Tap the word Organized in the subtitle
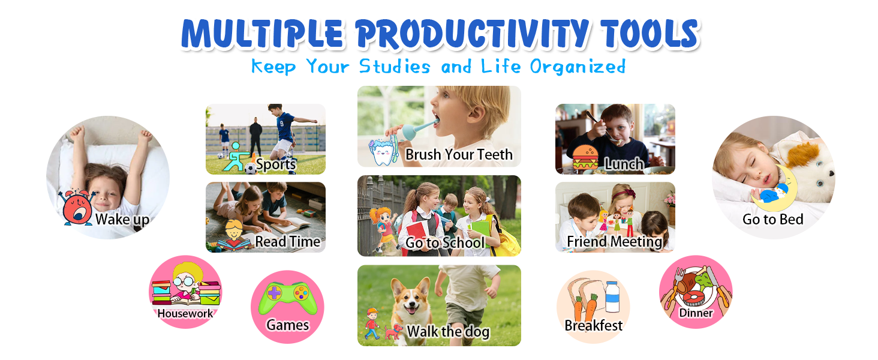click(x=578, y=67)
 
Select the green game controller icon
click(x=288, y=298)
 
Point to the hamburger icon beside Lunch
click(x=585, y=158)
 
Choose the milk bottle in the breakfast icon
click(x=612, y=297)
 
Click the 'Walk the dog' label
click(x=449, y=332)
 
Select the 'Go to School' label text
click(x=445, y=243)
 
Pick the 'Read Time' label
click(x=288, y=242)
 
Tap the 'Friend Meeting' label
click(x=615, y=242)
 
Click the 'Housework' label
click(x=185, y=313)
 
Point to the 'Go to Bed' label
click(x=773, y=219)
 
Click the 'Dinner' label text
click(x=696, y=313)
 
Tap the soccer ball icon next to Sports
click(x=250, y=169)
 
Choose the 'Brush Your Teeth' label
click(x=459, y=155)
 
